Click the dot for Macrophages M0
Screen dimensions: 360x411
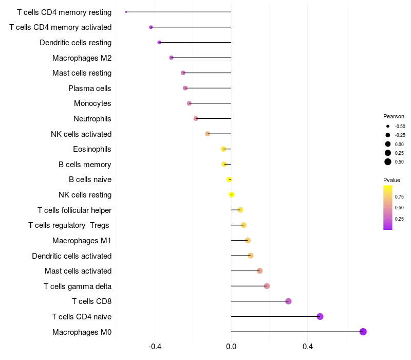click(363, 332)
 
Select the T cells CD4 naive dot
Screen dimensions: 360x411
click(320, 316)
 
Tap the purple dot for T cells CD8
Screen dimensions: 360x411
click(288, 301)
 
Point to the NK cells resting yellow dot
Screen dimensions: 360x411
click(232, 194)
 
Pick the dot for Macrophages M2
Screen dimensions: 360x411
click(171, 58)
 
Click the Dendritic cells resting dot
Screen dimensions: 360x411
click(159, 43)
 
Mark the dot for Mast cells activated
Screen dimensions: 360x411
click(259, 271)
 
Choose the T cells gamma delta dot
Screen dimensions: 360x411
click(267, 286)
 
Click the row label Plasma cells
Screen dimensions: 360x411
click(89, 88)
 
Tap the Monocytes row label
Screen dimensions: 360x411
click(92, 103)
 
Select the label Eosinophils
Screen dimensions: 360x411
click(92, 149)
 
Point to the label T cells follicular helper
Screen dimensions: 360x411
click(74, 210)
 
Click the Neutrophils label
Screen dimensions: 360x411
click(92, 119)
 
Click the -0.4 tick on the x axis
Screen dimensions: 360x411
click(155, 347)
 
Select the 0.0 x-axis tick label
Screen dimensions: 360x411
click(231, 347)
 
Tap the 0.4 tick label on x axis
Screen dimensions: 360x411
click(307, 347)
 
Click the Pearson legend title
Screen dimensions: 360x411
click(394, 116)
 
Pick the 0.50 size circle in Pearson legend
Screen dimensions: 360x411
click(388, 162)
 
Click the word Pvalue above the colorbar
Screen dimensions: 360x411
click(391, 180)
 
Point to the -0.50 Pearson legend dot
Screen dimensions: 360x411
click(388, 126)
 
